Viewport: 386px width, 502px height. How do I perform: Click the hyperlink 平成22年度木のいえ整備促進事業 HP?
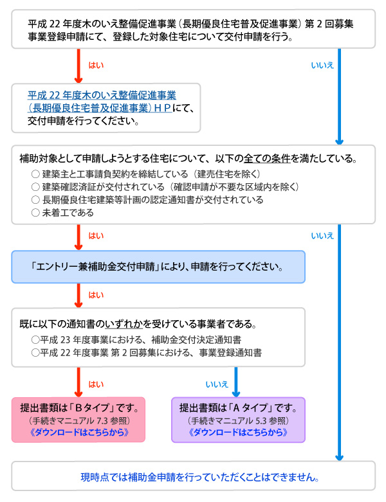tap(100, 102)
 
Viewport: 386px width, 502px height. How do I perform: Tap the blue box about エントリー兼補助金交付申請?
tap(158, 267)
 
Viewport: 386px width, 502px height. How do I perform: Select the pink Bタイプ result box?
tap(78, 420)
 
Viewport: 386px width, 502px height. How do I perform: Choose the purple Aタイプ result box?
tap(238, 420)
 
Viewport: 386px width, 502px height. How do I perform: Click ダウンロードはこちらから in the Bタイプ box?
tap(79, 432)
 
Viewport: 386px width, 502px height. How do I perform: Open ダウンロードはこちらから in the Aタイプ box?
tap(238, 432)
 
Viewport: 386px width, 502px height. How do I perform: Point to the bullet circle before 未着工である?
tap(35, 213)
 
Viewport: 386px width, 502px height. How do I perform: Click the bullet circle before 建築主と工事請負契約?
tap(35, 174)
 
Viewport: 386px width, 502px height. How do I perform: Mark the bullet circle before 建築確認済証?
tap(35, 186)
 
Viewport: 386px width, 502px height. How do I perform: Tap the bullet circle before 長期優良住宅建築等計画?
tap(35, 200)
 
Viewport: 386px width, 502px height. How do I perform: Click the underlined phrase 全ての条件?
tap(267, 158)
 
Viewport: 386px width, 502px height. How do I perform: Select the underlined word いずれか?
tap(124, 324)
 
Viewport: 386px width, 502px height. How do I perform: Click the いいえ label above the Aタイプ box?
tap(217, 384)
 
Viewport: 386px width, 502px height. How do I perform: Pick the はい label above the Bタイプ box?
tap(96, 384)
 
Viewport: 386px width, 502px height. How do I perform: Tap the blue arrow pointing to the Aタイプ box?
tap(236, 382)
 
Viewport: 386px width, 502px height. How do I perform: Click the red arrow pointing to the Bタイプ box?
tap(78, 382)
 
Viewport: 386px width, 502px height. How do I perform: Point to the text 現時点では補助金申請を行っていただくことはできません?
tap(200, 477)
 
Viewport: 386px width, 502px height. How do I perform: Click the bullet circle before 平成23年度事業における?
tap(35, 339)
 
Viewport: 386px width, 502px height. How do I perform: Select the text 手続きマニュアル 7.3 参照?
tap(79, 420)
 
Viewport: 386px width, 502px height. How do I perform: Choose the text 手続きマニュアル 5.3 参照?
tap(238, 420)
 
